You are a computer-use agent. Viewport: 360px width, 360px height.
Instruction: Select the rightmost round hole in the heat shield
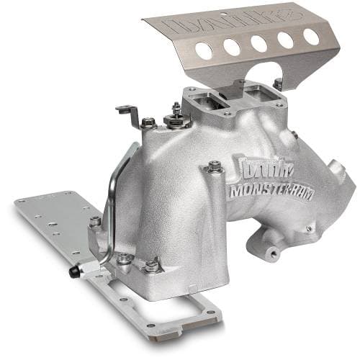pyautogui.click(x=312, y=35)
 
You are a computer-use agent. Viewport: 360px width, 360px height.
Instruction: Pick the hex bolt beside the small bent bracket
pyautogui.click(x=148, y=122)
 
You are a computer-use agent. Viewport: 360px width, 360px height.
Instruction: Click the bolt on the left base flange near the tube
pyautogui.click(x=95, y=222)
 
